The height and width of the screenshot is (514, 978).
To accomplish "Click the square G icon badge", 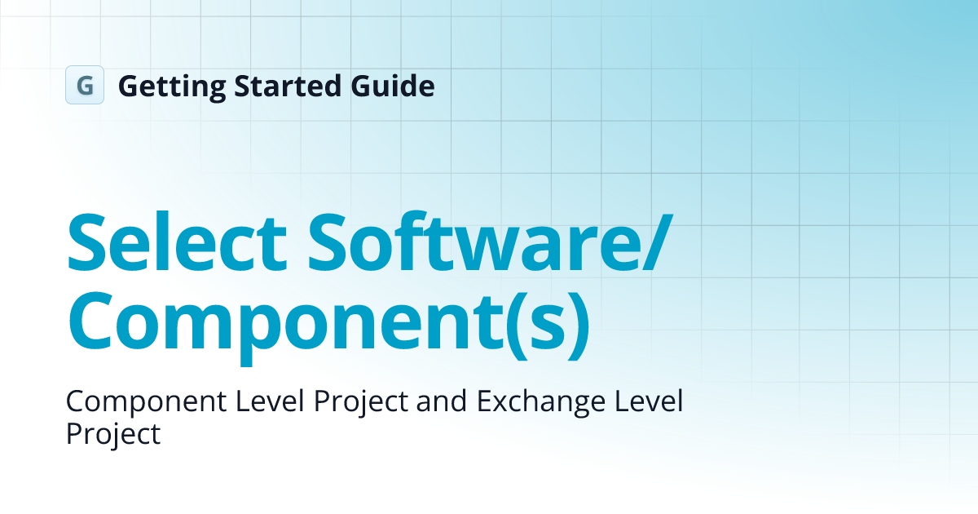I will (85, 85).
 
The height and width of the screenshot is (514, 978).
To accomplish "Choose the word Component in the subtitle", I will (141, 402).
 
